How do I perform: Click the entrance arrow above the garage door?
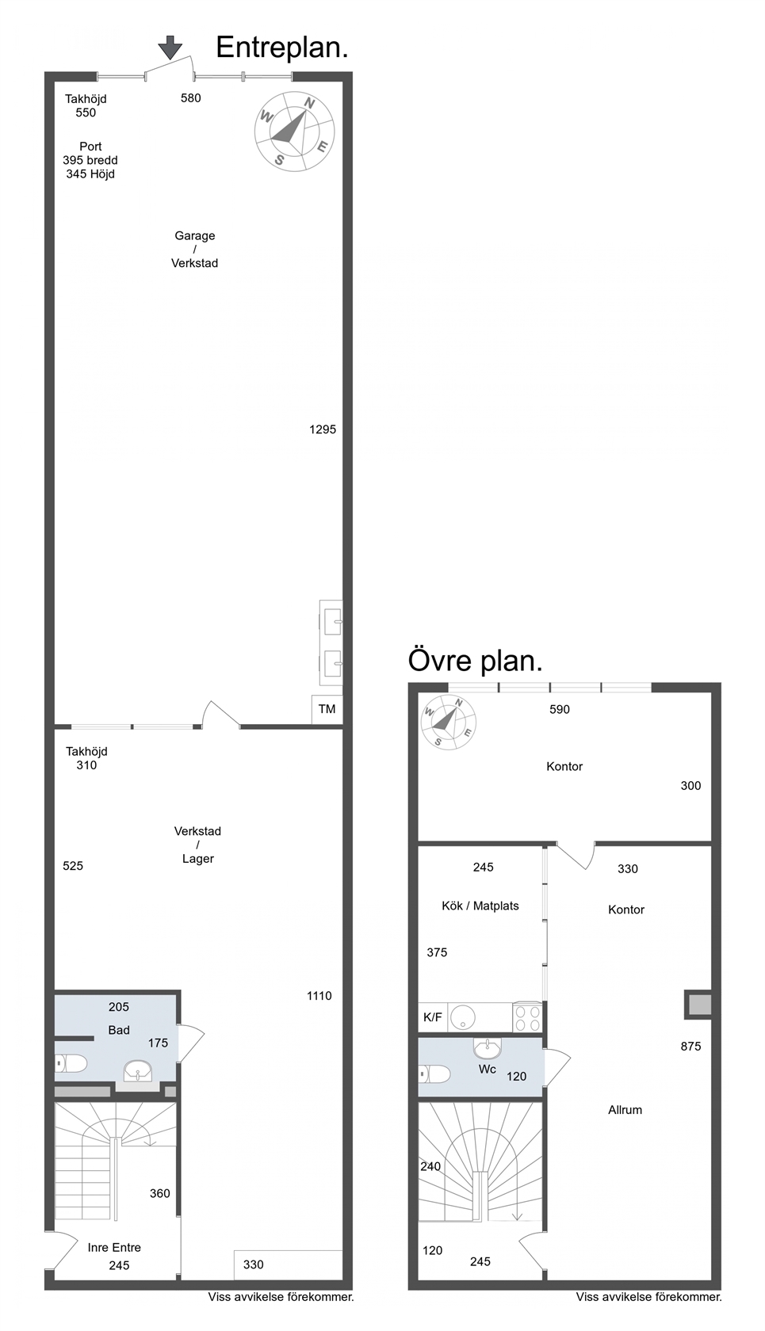point(170,48)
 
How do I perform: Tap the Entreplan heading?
point(281,48)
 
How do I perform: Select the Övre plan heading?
point(475,661)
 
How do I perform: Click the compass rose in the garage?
point(294,132)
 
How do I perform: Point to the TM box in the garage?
point(327,709)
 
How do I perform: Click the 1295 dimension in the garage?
point(323,429)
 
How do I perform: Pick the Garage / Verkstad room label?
point(195,250)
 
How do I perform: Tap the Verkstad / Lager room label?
point(197,845)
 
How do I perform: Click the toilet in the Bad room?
point(71,1063)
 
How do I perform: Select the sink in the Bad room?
point(138,1071)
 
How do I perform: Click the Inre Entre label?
point(114,1247)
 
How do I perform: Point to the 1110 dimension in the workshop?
point(319,996)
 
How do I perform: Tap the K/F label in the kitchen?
point(433,1017)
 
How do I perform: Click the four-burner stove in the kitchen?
point(527,1017)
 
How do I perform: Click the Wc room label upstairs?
point(488,1070)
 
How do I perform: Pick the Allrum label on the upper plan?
point(625,1110)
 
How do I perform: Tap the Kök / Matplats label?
point(480,906)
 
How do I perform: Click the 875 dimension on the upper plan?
point(690,1047)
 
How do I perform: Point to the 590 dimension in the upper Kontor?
point(560,710)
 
